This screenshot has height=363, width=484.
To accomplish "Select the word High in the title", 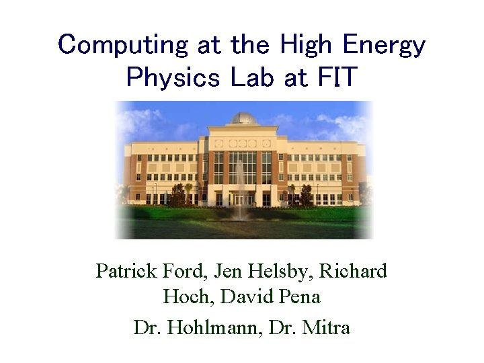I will (x=307, y=45).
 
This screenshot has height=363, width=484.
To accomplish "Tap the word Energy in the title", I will (x=385, y=45).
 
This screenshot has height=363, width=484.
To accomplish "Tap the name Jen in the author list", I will (x=227, y=271).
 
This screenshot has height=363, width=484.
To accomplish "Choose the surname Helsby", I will (x=279, y=271).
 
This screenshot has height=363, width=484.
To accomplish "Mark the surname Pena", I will (x=300, y=296).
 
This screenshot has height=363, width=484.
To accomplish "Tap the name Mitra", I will (x=328, y=327).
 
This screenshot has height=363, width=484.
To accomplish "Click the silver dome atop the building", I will (x=244, y=118).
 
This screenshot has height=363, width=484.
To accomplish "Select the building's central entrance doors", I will (x=242, y=200).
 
